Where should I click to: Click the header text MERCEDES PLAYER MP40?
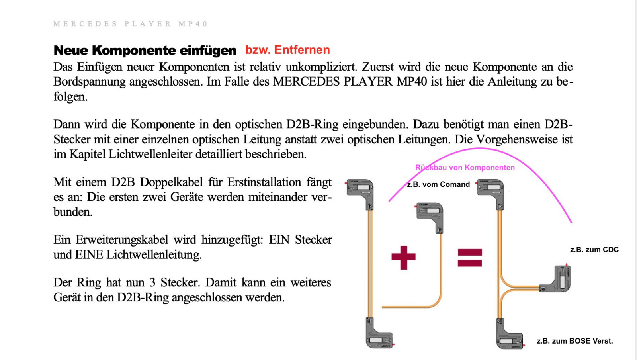coord(130,24)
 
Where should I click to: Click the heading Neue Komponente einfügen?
coord(145,51)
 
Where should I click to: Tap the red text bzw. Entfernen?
coord(287,50)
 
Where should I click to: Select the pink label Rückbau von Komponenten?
coord(465,168)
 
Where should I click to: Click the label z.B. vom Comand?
coord(438,184)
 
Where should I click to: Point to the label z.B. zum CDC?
coord(594,250)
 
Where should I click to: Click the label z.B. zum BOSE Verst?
coord(574,341)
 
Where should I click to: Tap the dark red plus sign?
coord(403,258)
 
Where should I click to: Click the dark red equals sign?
coord(470,258)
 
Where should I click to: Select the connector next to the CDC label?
coord(557,280)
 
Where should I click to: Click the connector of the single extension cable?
coord(430,215)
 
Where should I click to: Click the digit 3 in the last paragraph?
coord(152,282)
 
